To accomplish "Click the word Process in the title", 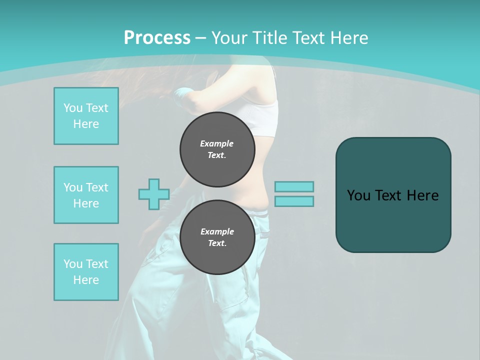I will (157, 38).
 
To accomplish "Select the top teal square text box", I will (86, 116).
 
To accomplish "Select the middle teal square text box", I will (86, 195).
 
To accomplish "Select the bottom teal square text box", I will (86, 272).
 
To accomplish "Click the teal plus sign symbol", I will (154, 194).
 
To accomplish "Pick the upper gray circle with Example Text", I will (217, 149).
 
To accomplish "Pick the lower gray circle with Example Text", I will (217, 237).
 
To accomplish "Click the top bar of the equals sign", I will (294, 186).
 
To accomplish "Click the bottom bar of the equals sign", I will (294, 201).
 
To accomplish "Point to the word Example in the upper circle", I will (217, 143).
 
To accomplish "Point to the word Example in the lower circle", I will (217, 231).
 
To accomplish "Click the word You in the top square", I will (72, 108).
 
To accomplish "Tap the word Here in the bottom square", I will (86, 280).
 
